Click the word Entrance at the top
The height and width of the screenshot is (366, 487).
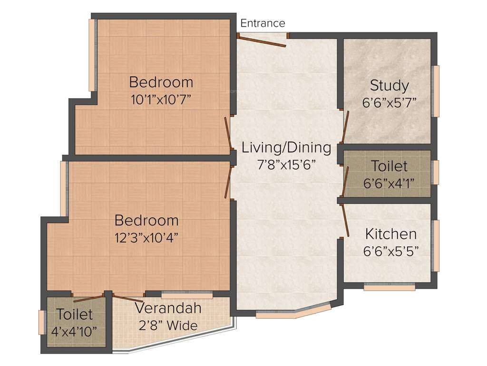(x=263, y=23)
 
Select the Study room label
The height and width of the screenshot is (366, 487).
(x=389, y=86)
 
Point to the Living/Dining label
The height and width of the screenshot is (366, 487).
(x=286, y=147)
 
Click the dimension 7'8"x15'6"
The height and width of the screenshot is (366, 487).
(x=286, y=165)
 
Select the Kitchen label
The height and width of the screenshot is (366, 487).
(x=390, y=234)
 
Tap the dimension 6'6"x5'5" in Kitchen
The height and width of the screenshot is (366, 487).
(x=390, y=251)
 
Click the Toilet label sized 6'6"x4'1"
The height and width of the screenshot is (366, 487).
(x=389, y=166)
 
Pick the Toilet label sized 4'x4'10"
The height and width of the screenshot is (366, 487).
(x=75, y=315)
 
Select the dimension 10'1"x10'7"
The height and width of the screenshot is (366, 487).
(x=161, y=100)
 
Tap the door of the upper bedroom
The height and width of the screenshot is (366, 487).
(x=227, y=134)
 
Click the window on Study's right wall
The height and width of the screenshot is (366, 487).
(x=435, y=91)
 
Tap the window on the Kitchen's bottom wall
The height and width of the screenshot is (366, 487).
(x=389, y=287)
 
